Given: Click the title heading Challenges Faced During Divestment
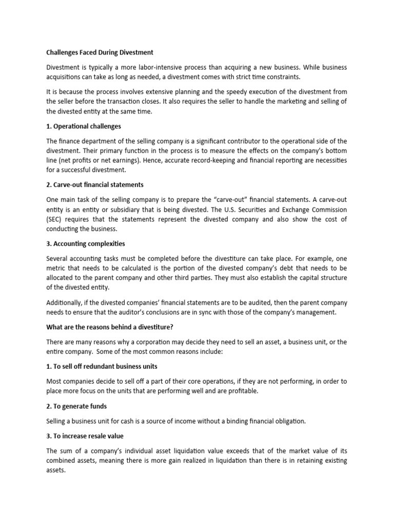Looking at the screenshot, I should click(x=100, y=52).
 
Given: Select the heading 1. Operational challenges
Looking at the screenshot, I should click(x=84, y=126).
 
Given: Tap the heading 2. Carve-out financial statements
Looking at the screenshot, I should click(x=95, y=184).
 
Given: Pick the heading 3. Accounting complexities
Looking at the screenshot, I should click(x=86, y=243).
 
